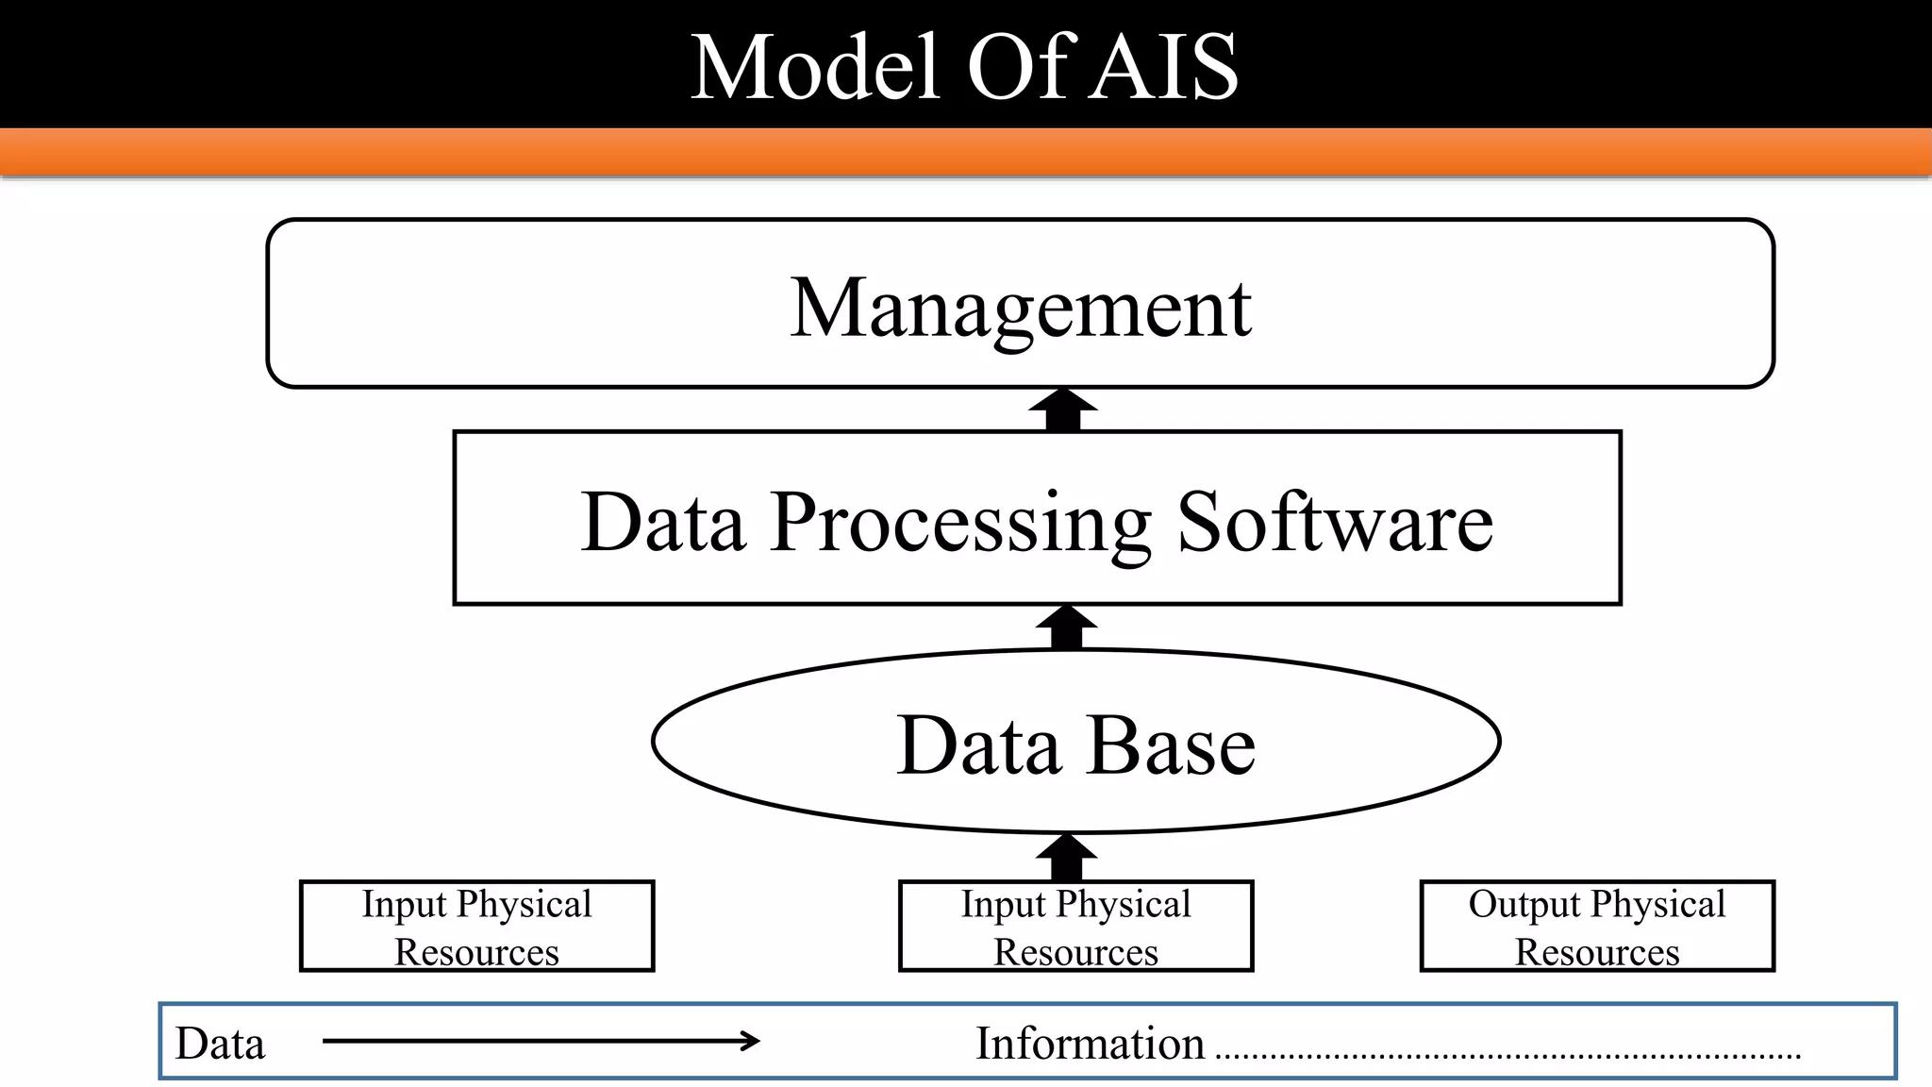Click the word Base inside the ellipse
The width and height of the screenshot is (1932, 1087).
[x=1172, y=745]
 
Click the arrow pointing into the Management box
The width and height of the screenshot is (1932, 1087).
[x=1063, y=410]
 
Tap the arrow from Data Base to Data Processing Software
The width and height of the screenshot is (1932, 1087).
[x=1066, y=627]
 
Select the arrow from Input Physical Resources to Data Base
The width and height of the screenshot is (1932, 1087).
[x=1066, y=857]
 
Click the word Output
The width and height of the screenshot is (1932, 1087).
[x=1523, y=904]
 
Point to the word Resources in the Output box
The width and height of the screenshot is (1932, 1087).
[x=1597, y=952]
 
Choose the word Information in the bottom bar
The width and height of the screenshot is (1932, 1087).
[x=1090, y=1044]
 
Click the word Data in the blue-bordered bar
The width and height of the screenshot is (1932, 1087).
[x=220, y=1044]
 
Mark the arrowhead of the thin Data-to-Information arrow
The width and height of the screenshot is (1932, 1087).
[x=751, y=1041]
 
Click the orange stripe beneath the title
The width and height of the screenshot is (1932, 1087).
[x=966, y=151]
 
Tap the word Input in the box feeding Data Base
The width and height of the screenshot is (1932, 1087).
[x=1002, y=904]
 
